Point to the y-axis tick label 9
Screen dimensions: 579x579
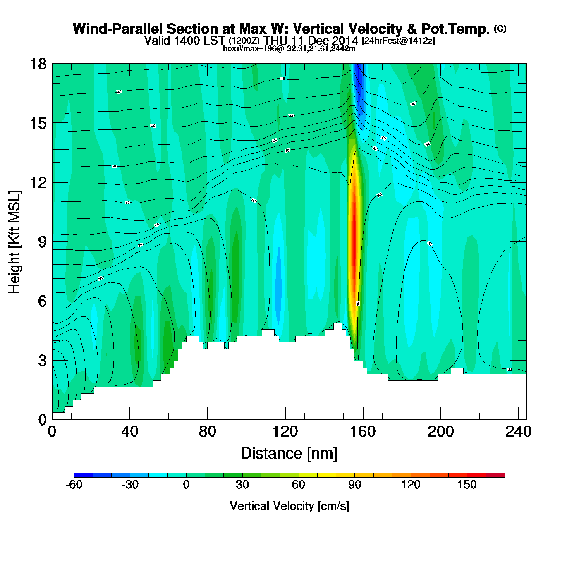(x=42, y=242)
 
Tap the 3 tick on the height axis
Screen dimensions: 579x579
(x=42, y=361)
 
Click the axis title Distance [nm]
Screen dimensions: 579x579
(x=289, y=454)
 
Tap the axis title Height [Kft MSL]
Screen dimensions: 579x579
(x=14, y=242)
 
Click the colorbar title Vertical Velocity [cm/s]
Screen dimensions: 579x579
(x=289, y=506)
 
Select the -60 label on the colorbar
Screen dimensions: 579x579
(x=74, y=485)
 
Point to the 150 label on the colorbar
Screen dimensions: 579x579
(x=467, y=485)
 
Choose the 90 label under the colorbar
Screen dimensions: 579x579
(x=354, y=485)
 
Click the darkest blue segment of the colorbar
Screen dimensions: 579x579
(x=83, y=475)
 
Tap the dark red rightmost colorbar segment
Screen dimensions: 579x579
(x=495, y=475)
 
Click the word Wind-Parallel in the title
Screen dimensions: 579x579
(x=118, y=29)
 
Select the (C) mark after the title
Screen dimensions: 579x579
(x=500, y=29)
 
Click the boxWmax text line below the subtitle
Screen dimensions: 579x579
(x=289, y=48)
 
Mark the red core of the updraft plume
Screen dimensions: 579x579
(x=354, y=244)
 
